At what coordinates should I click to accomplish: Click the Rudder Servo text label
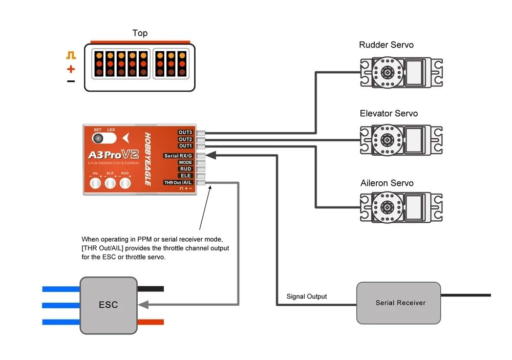point(386,45)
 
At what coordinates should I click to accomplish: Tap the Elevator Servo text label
point(389,113)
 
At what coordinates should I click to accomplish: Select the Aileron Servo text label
point(387,183)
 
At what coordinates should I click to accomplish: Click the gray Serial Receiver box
point(398,303)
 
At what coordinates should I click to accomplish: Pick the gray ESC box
point(108,305)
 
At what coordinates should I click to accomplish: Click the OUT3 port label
point(185,132)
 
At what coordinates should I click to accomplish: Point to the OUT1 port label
point(185,146)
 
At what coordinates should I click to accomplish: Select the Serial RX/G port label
point(178,156)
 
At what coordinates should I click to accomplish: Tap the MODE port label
point(185,162)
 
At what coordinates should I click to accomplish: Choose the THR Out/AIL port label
point(178,182)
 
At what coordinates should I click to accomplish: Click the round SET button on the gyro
point(97,138)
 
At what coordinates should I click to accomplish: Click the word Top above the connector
point(140,33)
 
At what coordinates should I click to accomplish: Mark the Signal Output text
point(307,297)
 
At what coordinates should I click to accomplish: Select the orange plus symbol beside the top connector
point(71,69)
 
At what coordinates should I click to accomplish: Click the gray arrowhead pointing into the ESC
point(144,305)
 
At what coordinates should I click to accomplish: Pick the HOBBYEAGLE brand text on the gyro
point(147,159)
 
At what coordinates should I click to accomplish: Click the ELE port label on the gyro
point(185,176)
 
